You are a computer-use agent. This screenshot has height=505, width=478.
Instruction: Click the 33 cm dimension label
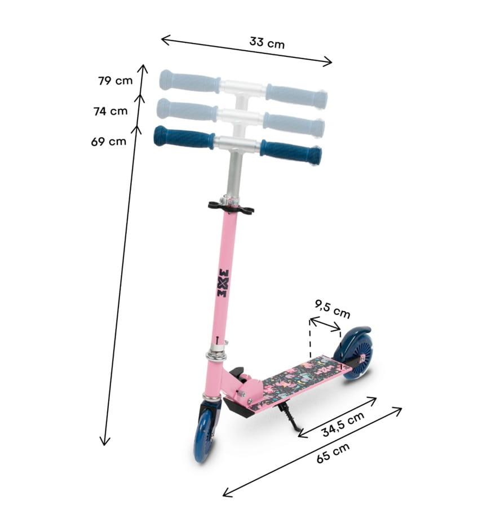click(x=267, y=42)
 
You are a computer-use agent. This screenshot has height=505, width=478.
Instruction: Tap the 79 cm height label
click(x=116, y=81)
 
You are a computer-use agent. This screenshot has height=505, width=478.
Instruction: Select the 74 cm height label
click(x=110, y=111)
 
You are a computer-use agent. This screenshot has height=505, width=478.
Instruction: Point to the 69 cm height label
click(x=109, y=141)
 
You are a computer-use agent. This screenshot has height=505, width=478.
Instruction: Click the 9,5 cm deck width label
click(x=332, y=308)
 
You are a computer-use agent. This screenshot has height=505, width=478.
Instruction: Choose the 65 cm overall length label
click(x=333, y=453)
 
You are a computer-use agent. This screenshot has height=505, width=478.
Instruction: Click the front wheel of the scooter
click(x=205, y=436)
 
